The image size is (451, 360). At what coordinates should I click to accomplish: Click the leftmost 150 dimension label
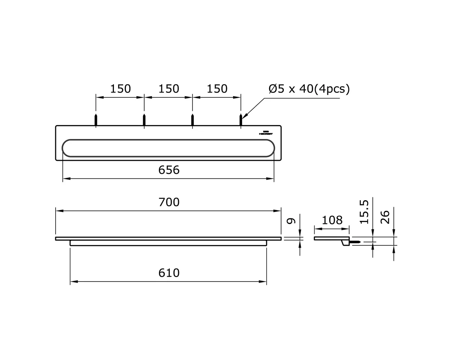[x=120, y=89]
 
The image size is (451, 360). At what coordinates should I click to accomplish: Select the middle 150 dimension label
[x=168, y=89]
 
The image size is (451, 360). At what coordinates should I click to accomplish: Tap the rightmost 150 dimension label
[x=217, y=89]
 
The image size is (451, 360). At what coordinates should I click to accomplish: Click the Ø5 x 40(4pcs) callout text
[x=309, y=89]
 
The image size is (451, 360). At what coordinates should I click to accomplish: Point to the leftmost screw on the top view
[x=96, y=120]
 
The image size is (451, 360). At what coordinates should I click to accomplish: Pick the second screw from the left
[x=144, y=120]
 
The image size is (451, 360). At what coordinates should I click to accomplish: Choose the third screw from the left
[x=192, y=120]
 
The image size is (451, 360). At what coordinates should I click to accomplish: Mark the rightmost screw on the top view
[x=241, y=120]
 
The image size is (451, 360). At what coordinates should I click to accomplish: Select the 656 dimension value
[x=169, y=170]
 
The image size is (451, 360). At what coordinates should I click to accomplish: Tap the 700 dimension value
[x=169, y=202]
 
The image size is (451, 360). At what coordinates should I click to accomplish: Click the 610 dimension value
[x=169, y=272]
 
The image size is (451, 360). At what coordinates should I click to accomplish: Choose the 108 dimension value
[x=332, y=220]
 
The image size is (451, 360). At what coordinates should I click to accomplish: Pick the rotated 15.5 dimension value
[x=365, y=212]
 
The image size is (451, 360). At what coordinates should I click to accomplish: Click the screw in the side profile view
[x=355, y=242]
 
